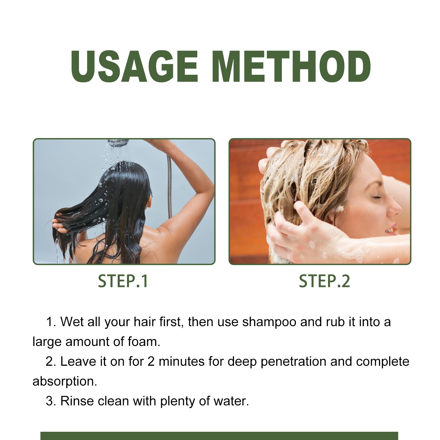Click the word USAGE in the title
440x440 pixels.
pos(134,67)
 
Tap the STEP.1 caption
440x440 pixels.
pos(123,281)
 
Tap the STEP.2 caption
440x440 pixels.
pos(324,281)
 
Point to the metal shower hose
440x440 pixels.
pos(169,187)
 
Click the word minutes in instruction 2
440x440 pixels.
pos(182,362)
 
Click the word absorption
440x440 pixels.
pos(65,381)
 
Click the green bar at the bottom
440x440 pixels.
pos(219,436)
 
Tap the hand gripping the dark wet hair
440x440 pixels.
pos(59,224)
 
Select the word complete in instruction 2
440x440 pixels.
pos(383,362)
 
